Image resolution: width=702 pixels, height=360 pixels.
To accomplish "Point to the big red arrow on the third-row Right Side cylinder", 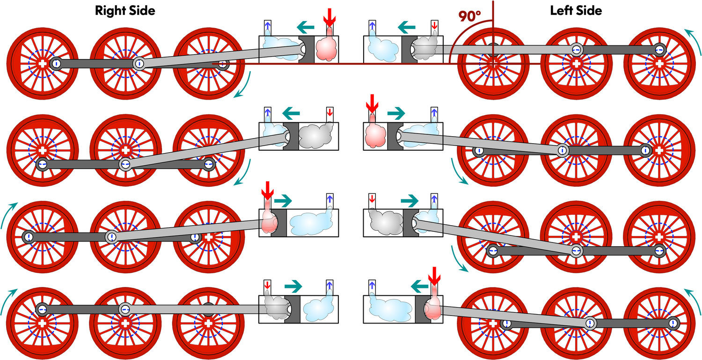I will pos(267,190).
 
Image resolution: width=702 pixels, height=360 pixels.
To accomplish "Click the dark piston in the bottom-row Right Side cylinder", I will pos(292,309).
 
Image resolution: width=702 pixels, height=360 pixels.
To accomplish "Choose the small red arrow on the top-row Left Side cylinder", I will pos(434,25).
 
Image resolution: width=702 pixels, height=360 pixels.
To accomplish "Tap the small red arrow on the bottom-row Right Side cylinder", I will pos(267,285).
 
